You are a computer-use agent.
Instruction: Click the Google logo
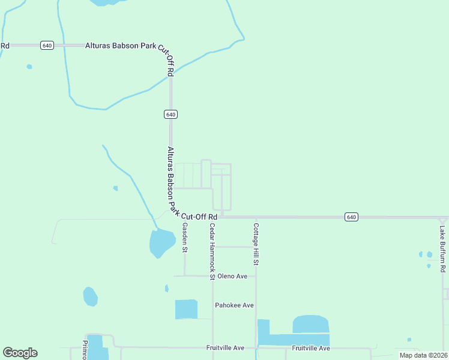(x=20, y=353)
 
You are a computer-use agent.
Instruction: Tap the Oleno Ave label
(x=232, y=277)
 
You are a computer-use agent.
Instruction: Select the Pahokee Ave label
(x=234, y=305)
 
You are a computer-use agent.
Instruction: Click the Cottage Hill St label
(x=256, y=244)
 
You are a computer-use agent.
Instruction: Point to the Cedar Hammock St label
(x=212, y=252)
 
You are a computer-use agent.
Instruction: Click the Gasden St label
(x=185, y=237)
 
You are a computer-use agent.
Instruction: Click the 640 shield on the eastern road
(x=351, y=217)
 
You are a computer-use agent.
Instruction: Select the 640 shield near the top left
(x=47, y=45)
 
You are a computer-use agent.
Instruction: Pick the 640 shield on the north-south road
(x=170, y=114)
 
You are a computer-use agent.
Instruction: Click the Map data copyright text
(x=423, y=355)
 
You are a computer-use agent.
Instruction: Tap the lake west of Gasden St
(x=161, y=242)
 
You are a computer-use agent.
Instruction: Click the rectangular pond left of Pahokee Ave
(x=186, y=309)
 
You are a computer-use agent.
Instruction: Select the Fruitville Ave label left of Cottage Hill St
(x=225, y=348)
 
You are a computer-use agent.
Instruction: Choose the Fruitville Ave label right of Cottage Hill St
(x=311, y=348)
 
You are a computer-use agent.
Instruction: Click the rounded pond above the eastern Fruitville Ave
(x=310, y=324)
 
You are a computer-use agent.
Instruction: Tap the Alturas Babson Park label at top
(x=121, y=45)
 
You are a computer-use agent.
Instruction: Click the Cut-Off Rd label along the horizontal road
(x=199, y=217)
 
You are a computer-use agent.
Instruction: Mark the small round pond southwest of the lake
(x=90, y=296)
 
